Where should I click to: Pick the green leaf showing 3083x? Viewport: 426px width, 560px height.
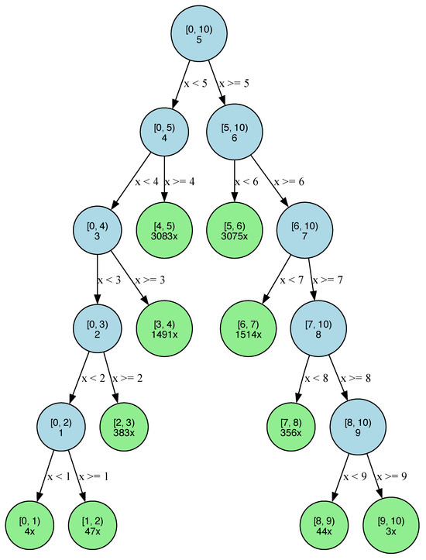(x=164, y=230)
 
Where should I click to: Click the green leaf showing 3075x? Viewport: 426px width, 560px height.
(x=234, y=230)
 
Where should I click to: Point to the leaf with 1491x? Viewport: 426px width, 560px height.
(x=164, y=328)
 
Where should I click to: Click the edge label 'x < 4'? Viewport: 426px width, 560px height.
(x=147, y=182)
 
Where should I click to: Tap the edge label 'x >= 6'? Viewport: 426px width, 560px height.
(x=289, y=182)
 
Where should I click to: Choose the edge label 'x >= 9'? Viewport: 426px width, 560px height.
(x=393, y=476)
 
